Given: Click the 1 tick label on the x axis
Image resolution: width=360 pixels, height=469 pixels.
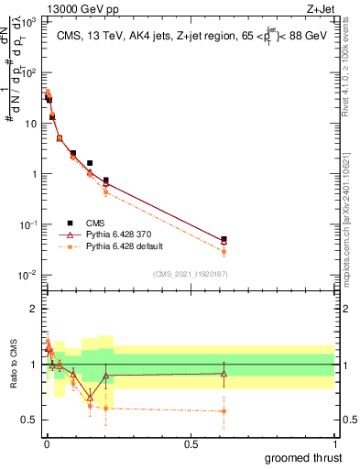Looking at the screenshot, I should pyautogui.click(x=334, y=443).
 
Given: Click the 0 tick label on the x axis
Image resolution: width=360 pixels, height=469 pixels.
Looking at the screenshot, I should pyautogui.click(x=46, y=443).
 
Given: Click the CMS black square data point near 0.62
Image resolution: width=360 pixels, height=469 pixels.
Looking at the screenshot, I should pyautogui.click(x=224, y=239).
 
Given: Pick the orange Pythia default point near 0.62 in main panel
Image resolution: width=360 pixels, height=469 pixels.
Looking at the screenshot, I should pyautogui.click(x=224, y=251).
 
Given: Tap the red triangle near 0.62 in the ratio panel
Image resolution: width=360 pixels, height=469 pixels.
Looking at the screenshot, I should pyautogui.click(x=224, y=373).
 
